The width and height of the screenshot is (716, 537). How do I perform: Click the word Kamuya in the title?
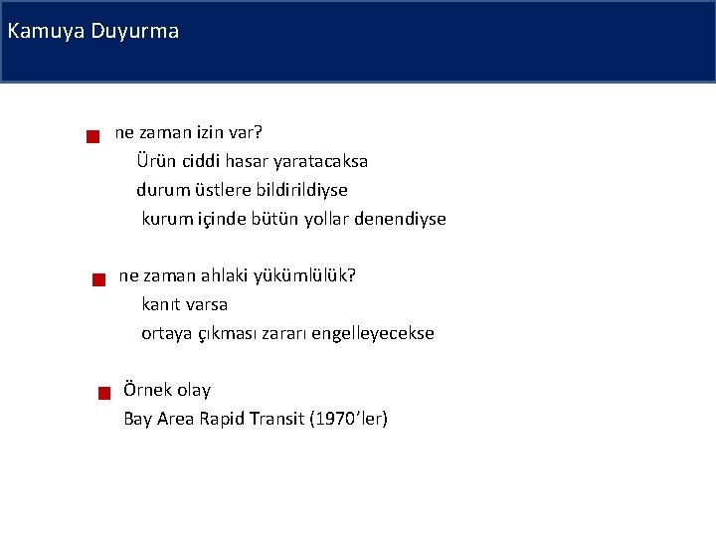coord(45,31)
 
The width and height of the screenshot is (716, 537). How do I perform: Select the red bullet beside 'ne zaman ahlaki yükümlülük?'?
coord(97,280)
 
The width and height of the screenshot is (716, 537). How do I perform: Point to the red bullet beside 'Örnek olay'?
coord(103,395)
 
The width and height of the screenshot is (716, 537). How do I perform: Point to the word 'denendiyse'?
coord(402,218)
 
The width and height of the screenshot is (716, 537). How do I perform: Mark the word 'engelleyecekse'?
coord(373,333)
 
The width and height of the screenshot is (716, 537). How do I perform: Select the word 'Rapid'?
coord(223,419)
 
